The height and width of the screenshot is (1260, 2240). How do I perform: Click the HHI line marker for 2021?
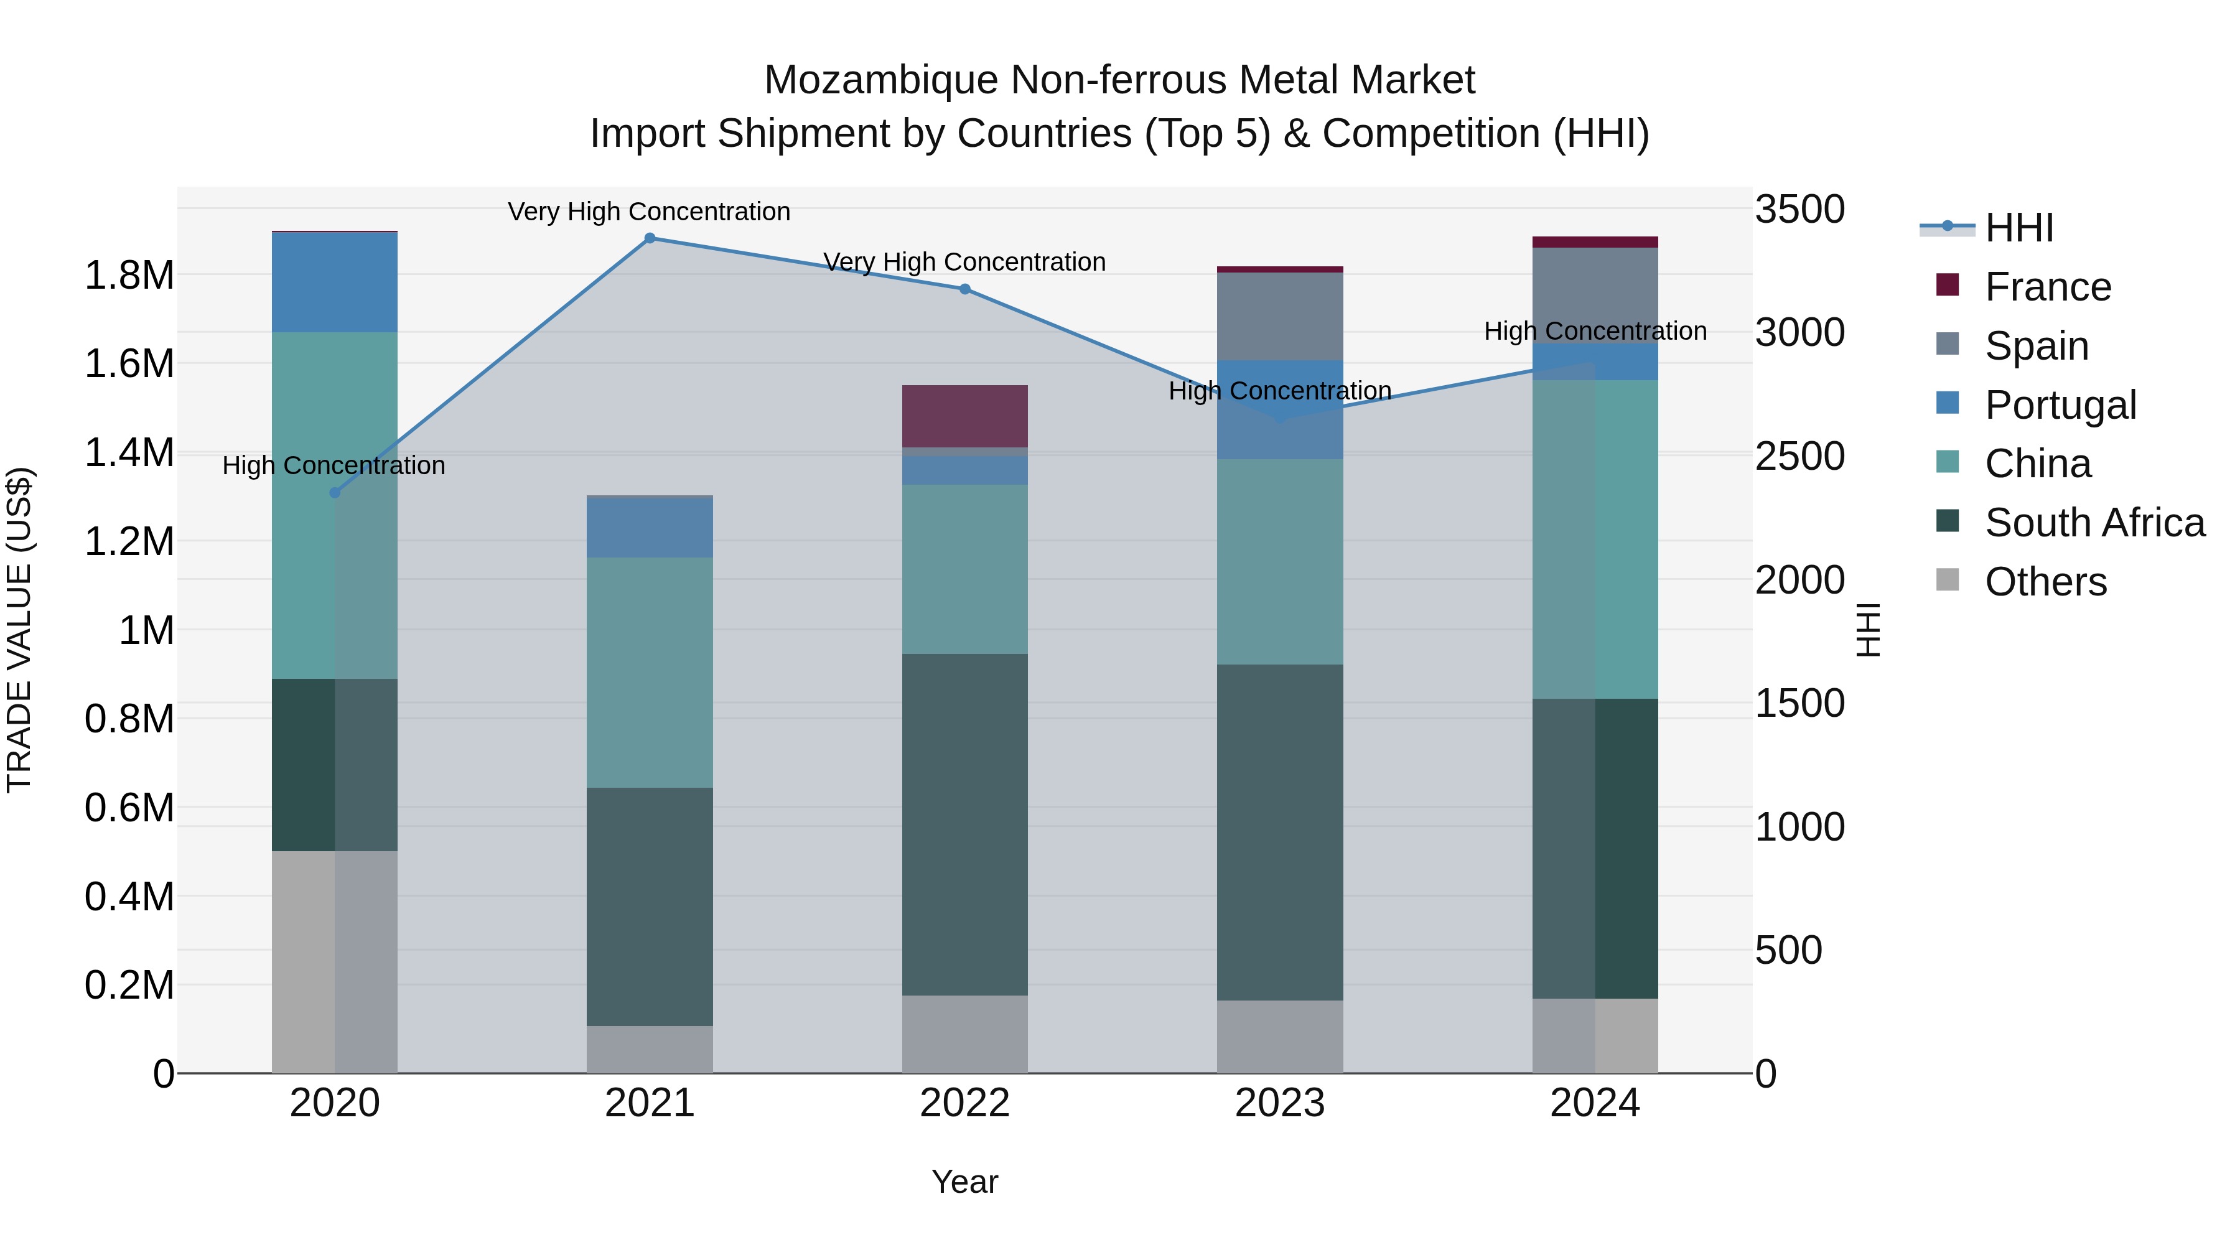[x=650, y=238]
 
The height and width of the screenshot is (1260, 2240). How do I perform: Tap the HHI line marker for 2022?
[x=964, y=289]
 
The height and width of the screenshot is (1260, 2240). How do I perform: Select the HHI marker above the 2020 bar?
[x=335, y=493]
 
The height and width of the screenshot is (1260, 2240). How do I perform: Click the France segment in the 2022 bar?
[x=964, y=416]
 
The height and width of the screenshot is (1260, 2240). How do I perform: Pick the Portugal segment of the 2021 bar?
[x=650, y=527]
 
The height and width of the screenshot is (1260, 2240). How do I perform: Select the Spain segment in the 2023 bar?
[x=1279, y=315]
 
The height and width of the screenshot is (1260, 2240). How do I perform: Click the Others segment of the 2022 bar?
[x=964, y=1034]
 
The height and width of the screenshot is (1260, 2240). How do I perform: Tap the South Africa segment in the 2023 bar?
[x=1279, y=832]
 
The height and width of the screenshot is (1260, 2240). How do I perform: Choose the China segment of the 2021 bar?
[x=650, y=672]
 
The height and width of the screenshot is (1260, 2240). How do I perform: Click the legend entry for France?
[x=2047, y=287]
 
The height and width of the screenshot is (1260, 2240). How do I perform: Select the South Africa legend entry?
[x=2094, y=523]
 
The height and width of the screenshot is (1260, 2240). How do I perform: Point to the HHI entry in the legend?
[x=2018, y=228]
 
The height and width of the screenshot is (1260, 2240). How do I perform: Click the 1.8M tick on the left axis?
[x=129, y=276]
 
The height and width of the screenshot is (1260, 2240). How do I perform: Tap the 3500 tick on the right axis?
[x=1799, y=210]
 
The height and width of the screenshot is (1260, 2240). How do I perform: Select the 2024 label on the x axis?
[x=1594, y=1103]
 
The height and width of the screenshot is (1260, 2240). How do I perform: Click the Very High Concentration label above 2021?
[x=649, y=212]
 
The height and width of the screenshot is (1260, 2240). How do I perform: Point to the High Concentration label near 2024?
[x=1595, y=331]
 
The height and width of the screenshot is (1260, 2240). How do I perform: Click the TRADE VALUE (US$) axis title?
[x=20, y=630]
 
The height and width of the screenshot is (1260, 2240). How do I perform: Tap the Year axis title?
[x=964, y=1182]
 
